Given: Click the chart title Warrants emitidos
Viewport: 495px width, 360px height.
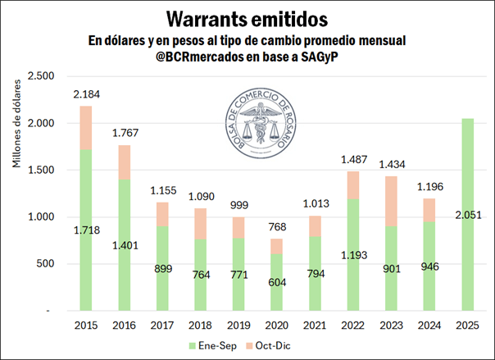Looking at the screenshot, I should pos(247,17).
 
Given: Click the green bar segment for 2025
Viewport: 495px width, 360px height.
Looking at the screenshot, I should pos(467,246).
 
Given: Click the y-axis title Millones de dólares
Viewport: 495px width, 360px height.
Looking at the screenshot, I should pos(17,123).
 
